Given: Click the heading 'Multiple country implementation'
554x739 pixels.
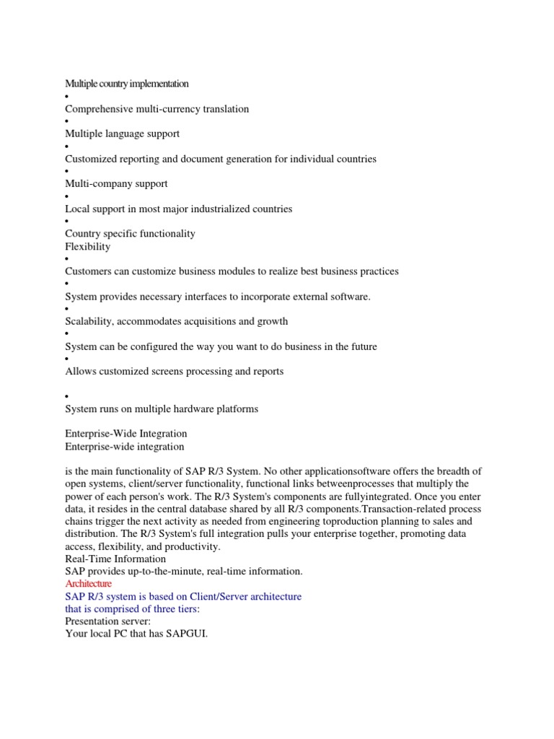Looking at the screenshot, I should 127,84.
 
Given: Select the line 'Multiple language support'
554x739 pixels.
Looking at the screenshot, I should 122,134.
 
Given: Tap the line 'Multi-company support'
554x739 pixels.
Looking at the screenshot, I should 116,183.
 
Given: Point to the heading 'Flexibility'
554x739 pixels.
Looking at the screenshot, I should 87,246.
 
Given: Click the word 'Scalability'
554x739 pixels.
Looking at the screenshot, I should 89,321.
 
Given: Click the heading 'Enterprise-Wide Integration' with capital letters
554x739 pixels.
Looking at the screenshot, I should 126,433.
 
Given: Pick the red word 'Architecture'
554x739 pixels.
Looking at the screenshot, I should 89,583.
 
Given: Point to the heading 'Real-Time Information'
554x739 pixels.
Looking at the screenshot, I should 115,559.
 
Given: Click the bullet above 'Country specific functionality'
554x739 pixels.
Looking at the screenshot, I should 66,222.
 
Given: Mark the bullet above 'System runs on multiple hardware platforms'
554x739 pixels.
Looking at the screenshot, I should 66,397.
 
